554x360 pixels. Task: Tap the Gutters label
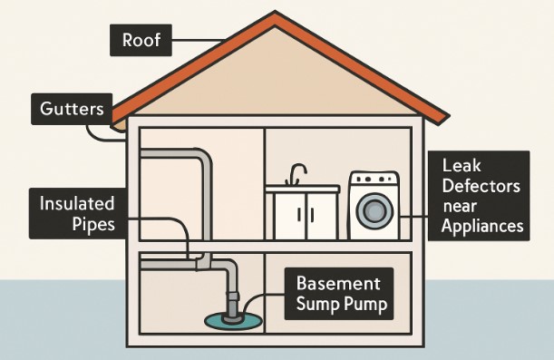[71, 110]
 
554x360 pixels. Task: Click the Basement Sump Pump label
[339, 292]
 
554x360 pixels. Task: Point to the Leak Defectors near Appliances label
[481, 196]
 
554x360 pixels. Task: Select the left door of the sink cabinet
[288, 216]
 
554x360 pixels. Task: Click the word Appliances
[481, 226]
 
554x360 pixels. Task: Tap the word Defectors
[481, 186]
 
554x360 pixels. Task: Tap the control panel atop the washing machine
[374, 179]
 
